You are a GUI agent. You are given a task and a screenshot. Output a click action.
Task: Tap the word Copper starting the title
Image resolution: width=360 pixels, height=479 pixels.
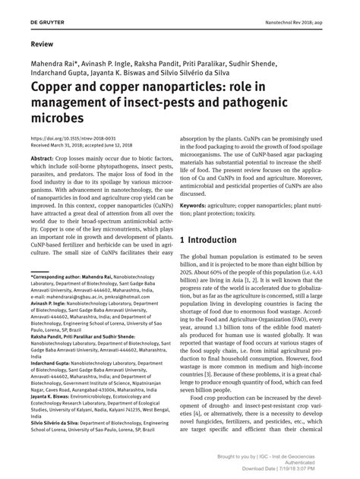[x=52, y=87]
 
